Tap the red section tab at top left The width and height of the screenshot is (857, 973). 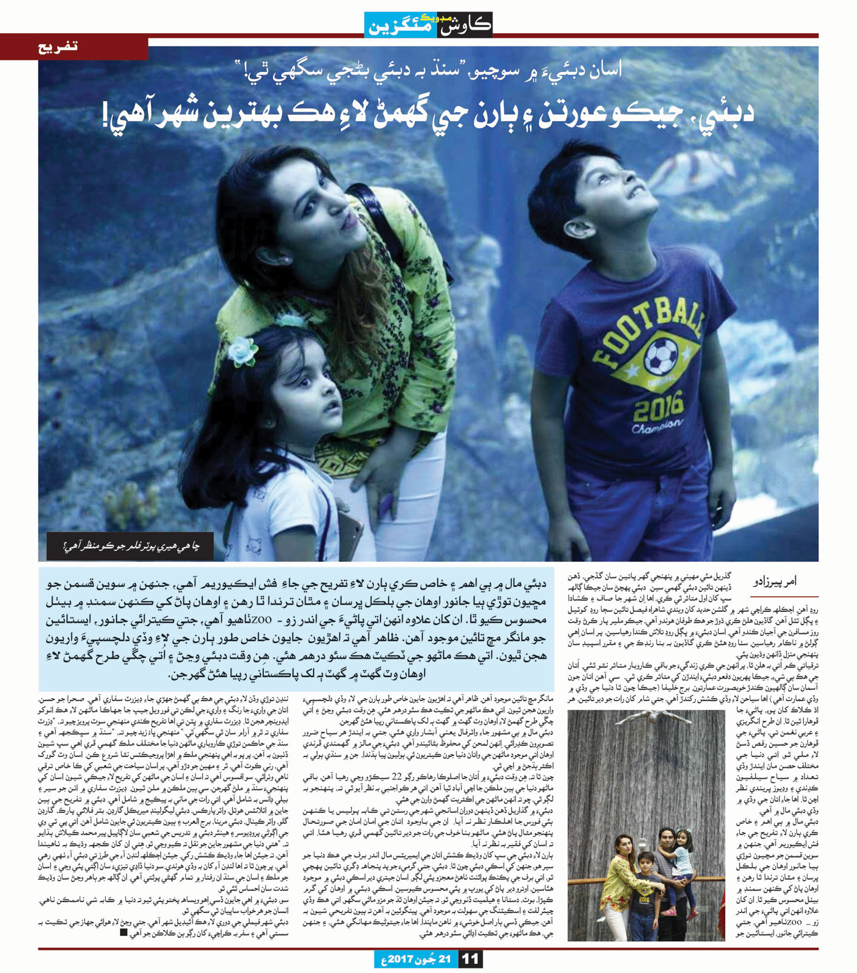(x=74, y=47)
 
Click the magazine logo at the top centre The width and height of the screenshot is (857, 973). (x=428, y=25)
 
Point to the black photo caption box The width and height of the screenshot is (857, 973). (x=130, y=546)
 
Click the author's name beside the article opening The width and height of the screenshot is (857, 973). (x=775, y=582)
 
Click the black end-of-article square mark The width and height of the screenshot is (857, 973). (x=124, y=932)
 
